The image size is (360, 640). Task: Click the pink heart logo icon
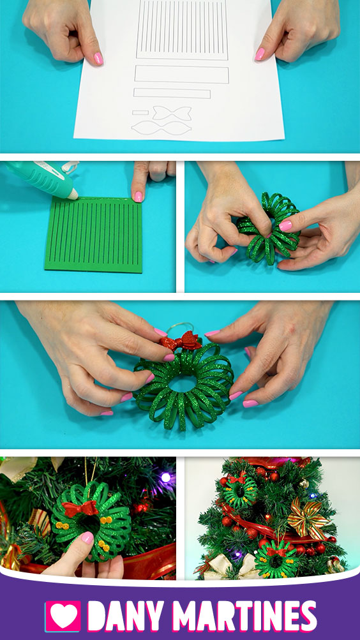click(x=63, y=616)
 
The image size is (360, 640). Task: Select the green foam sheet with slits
click(x=93, y=235)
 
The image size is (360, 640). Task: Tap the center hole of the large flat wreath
click(x=183, y=383)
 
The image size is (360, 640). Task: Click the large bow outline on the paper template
click(x=161, y=128)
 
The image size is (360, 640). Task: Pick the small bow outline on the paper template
click(x=172, y=113)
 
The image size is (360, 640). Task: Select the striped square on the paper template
click(x=182, y=29)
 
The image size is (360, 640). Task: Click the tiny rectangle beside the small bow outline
click(x=140, y=112)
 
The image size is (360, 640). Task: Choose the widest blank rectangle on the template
click(x=182, y=74)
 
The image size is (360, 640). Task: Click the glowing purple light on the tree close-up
click(x=165, y=477)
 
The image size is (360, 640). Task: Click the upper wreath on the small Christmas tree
click(x=241, y=491)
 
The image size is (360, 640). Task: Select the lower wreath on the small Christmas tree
click(x=276, y=558)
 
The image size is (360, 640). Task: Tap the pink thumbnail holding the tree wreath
click(x=87, y=537)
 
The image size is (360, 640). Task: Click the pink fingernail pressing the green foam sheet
click(x=139, y=197)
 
